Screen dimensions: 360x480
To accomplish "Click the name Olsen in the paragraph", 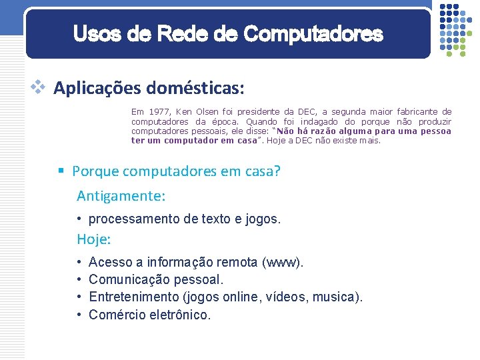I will tap(207, 112).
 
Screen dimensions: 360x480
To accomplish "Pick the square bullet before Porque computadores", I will tap(61, 171).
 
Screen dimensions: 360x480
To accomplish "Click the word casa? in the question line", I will tap(263, 171).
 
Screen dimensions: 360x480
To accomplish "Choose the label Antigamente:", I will tap(121, 196).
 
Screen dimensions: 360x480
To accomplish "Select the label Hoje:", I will tap(94, 239).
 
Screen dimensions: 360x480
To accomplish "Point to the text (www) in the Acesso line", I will tap(283, 263).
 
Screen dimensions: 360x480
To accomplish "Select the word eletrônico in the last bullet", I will tap(178, 315).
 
